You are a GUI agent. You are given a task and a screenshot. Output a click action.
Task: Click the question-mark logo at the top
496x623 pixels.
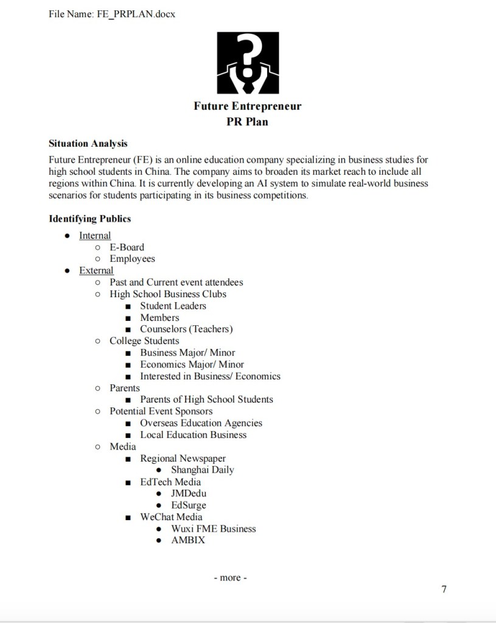point(248,63)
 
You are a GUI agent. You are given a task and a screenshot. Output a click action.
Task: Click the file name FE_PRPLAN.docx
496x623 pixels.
point(136,13)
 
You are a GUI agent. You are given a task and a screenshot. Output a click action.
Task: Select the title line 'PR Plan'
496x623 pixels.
point(247,122)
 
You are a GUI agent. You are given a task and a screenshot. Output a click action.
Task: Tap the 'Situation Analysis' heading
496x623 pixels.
point(88,144)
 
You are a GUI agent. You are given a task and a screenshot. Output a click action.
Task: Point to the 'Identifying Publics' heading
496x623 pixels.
point(89,219)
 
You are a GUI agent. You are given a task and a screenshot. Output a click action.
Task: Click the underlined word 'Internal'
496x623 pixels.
point(95,236)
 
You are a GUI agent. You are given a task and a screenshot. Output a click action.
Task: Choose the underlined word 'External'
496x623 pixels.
point(96,270)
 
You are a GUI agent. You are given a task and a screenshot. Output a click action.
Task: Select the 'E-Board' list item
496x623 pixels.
point(127,247)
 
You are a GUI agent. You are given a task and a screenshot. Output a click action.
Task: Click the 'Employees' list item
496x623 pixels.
point(132,259)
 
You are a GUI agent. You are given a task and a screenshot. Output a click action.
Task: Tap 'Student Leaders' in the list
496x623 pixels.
point(173,306)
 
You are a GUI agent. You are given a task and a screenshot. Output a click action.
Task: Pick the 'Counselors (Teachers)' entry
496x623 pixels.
point(186,329)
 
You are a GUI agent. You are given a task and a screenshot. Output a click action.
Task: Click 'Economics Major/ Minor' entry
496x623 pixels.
point(192,364)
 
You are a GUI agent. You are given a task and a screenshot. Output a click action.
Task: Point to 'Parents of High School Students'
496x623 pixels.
point(206,399)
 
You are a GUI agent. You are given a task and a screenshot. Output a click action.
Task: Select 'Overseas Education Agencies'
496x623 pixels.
point(201,423)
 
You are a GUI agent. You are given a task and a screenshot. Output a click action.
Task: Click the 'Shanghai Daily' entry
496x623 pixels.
point(202,470)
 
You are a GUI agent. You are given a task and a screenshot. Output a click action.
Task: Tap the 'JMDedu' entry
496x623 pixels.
point(189,493)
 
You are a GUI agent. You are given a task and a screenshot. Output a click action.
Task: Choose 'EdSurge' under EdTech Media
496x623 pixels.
point(189,505)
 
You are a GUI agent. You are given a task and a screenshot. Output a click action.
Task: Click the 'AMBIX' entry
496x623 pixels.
point(188,540)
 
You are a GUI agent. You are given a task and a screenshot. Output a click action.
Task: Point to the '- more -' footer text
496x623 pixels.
point(230,577)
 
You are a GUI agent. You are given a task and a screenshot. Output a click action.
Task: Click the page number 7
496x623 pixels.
point(444,590)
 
